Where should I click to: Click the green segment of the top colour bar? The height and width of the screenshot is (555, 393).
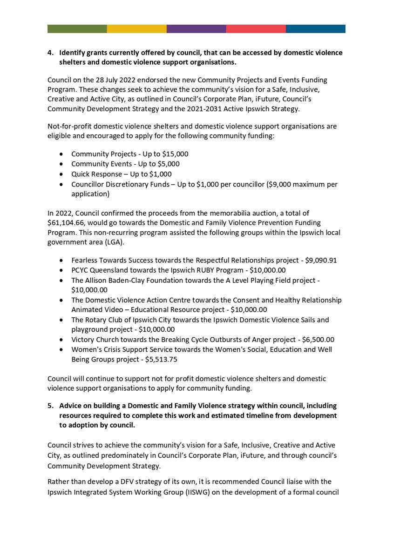click(77, 29)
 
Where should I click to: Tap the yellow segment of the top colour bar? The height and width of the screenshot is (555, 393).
click(136, 29)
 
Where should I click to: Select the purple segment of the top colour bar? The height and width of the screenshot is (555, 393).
click(196, 29)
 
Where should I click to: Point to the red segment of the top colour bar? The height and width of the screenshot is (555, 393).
click(256, 29)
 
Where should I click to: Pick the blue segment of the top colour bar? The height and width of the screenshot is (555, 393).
click(315, 29)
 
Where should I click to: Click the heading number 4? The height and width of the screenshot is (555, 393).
click(50, 53)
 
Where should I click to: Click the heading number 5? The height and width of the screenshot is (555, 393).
click(50, 406)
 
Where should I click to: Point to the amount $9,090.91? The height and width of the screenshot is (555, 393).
click(321, 261)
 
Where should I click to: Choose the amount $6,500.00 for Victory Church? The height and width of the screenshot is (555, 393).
click(318, 340)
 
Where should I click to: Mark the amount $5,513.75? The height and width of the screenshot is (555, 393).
click(161, 360)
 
